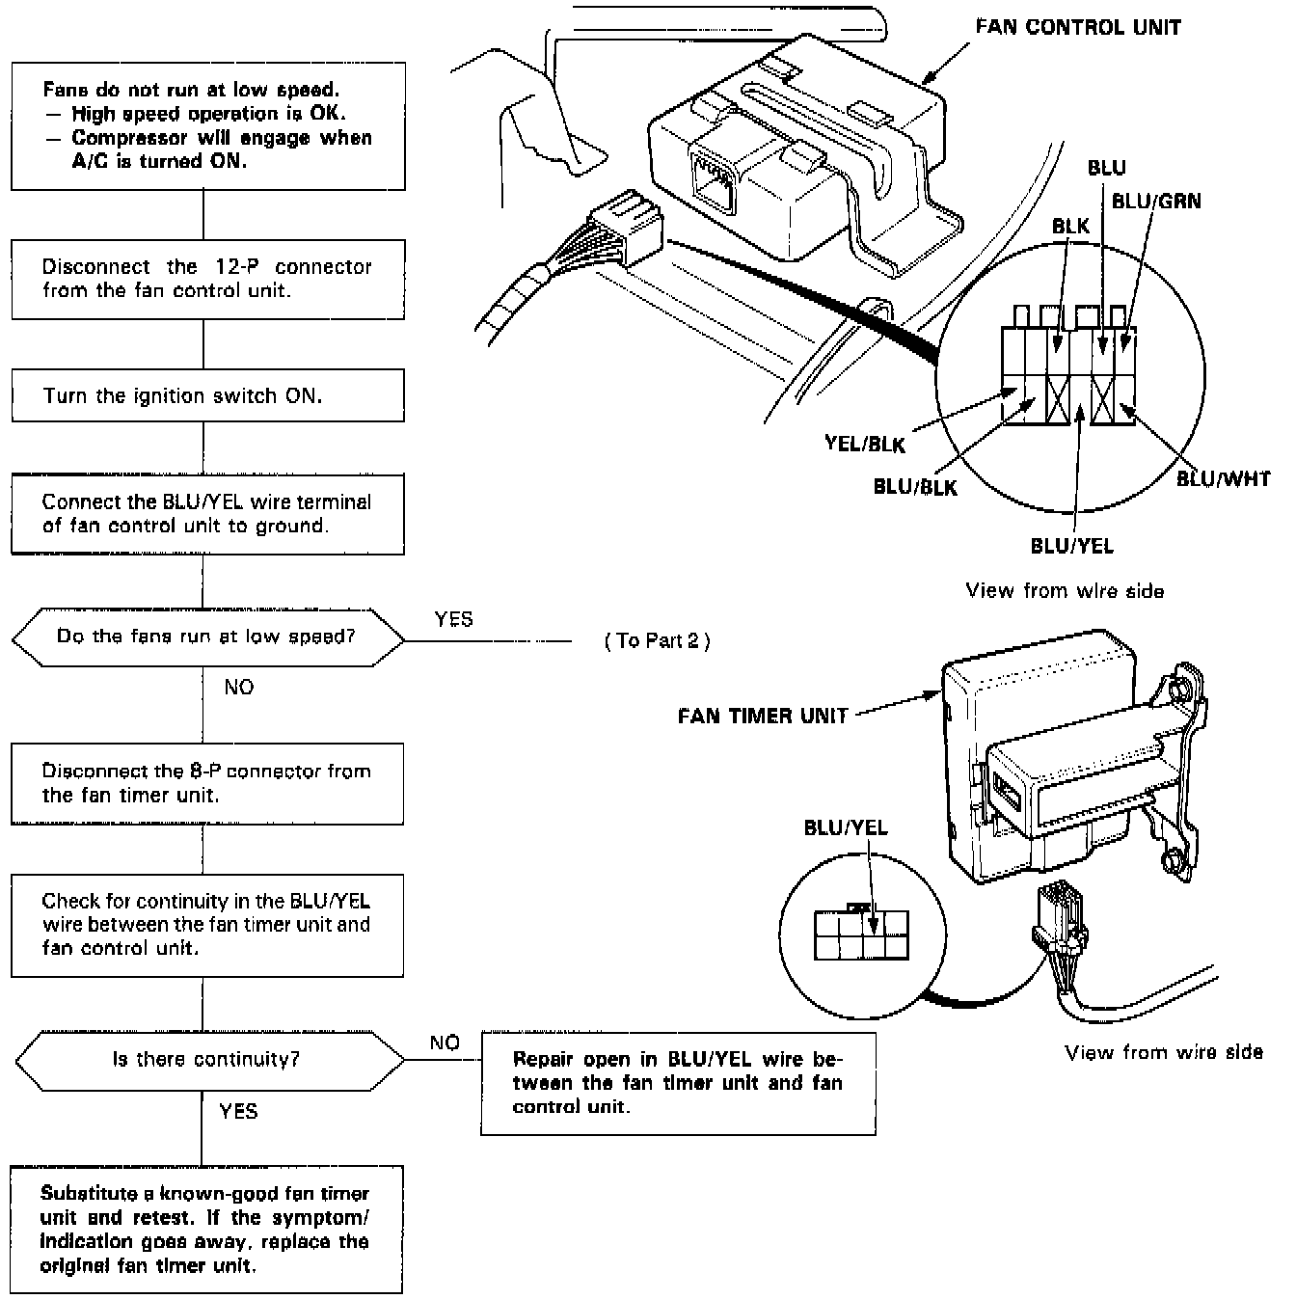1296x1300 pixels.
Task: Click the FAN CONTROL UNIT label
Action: [x=1078, y=27]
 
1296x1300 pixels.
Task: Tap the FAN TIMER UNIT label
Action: [x=763, y=716]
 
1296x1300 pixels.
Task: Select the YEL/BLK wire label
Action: [x=865, y=444]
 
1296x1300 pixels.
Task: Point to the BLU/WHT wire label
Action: [x=1223, y=478]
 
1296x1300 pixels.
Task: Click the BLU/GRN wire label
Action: [x=1156, y=201]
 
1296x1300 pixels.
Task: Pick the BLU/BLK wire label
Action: [x=915, y=487]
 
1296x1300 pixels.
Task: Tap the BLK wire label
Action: [x=1070, y=226]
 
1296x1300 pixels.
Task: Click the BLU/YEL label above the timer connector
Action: [x=846, y=827]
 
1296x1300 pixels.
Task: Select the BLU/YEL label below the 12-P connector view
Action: [x=1071, y=546]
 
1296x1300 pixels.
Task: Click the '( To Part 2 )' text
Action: [x=657, y=641]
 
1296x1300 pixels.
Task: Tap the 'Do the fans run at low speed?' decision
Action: [x=207, y=636]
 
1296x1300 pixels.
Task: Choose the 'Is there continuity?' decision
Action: [x=207, y=1059]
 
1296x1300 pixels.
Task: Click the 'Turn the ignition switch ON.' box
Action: [x=207, y=395]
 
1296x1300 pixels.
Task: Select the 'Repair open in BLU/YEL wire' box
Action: [x=678, y=1082]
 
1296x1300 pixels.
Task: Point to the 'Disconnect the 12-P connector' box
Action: [x=207, y=278]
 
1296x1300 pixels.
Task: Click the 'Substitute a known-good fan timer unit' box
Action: [x=206, y=1230]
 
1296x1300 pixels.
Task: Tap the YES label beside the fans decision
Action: [x=453, y=619]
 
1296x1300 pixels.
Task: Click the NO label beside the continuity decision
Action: [x=445, y=1043]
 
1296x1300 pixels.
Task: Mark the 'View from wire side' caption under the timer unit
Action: [x=1164, y=1052]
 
